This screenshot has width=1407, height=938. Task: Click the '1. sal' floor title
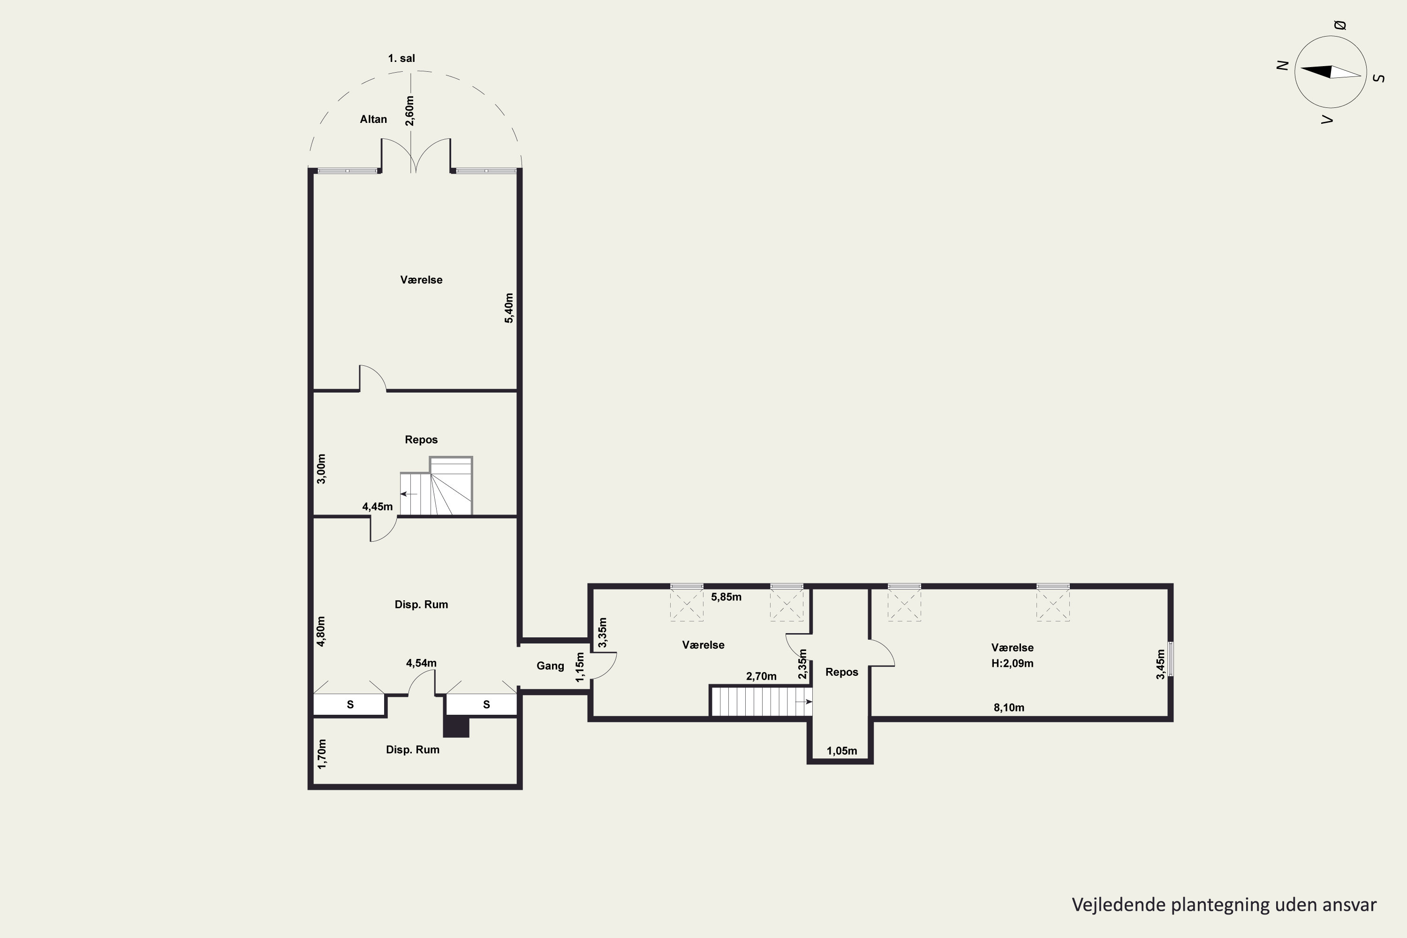click(x=401, y=59)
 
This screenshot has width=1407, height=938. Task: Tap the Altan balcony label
click(x=373, y=120)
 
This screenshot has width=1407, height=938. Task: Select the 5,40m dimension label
click(x=509, y=308)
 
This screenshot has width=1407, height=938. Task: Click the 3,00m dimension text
click(x=321, y=469)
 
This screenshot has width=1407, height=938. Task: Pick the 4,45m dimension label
click(x=378, y=507)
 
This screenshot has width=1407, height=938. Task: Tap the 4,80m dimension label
click(x=321, y=631)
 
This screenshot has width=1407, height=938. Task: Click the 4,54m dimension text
click(x=421, y=663)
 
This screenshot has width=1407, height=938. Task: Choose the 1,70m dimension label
click(x=322, y=754)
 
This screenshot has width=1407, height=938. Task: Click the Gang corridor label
click(x=550, y=666)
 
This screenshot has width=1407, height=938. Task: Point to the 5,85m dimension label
click(x=726, y=597)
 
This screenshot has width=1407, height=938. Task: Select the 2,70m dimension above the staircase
click(x=761, y=677)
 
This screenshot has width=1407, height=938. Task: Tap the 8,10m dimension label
click(x=1009, y=708)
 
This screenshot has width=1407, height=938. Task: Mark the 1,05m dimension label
click(x=842, y=751)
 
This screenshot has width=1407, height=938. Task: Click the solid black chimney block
click(x=456, y=727)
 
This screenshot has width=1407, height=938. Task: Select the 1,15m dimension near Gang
click(x=579, y=667)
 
